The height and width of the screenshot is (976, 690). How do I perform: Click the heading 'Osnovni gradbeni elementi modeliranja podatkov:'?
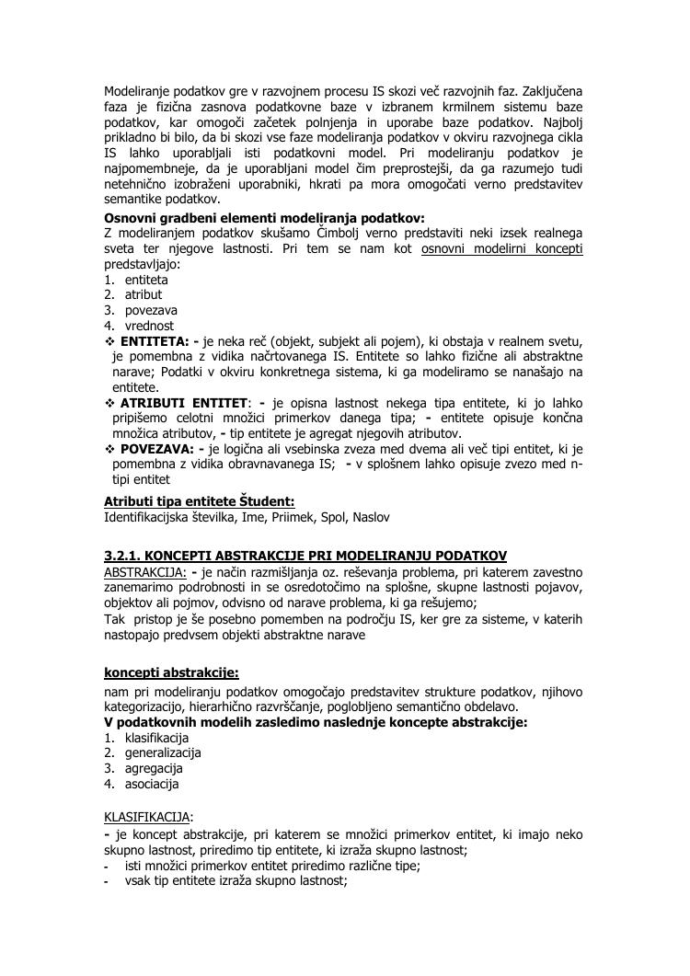(264, 218)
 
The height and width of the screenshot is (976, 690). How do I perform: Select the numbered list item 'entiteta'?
(146, 279)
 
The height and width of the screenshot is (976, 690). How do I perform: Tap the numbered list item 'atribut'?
(144, 294)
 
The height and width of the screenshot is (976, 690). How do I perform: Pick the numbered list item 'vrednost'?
(149, 326)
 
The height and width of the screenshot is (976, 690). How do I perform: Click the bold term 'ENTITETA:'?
(155, 341)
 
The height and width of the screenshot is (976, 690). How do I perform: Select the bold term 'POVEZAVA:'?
(157, 449)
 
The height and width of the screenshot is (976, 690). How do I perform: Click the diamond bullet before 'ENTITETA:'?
(110, 341)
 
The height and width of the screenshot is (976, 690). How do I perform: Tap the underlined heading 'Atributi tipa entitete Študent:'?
(199, 501)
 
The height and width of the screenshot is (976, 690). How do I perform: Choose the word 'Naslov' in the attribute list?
(371, 517)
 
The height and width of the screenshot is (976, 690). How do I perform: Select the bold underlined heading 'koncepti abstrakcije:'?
(171, 673)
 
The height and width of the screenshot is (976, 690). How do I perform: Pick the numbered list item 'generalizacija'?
(163, 752)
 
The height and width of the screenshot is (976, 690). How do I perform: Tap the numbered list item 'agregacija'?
(154, 768)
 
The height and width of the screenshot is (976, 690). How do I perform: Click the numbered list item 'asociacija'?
(152, 784)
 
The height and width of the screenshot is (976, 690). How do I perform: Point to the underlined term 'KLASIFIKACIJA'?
(146, 816)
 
